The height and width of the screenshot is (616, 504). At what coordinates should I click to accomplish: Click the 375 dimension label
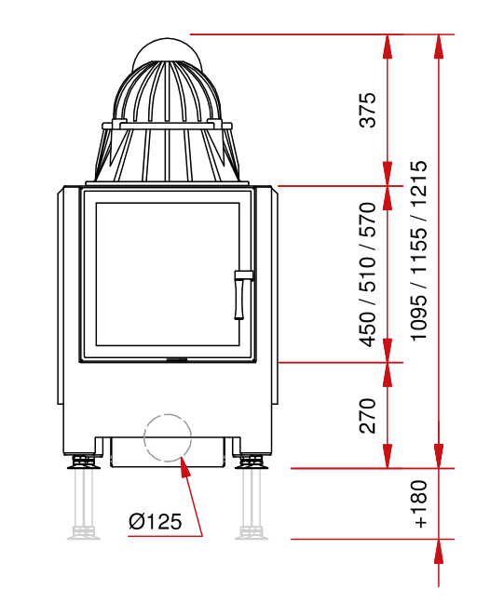click(368, 110)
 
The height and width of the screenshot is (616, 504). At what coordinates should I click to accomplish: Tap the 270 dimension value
click(368, 416)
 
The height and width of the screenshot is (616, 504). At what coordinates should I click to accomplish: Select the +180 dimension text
click(420, 504)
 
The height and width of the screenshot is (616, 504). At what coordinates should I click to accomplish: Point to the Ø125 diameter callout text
click(155, 521)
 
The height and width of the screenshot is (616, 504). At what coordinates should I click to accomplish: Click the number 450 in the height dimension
click(368, 329)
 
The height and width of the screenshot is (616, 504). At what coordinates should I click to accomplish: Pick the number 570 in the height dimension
click(368, 220)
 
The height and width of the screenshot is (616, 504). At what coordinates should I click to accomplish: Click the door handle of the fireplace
click(240, 294)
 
